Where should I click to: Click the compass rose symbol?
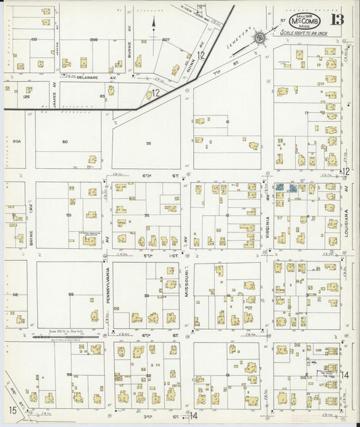(x=260, y=39)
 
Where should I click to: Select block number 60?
(x=66, y=142)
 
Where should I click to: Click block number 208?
(x=94, y=40)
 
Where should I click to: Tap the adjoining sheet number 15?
(x=12, y=410)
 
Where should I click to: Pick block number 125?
(x=26, y=97)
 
